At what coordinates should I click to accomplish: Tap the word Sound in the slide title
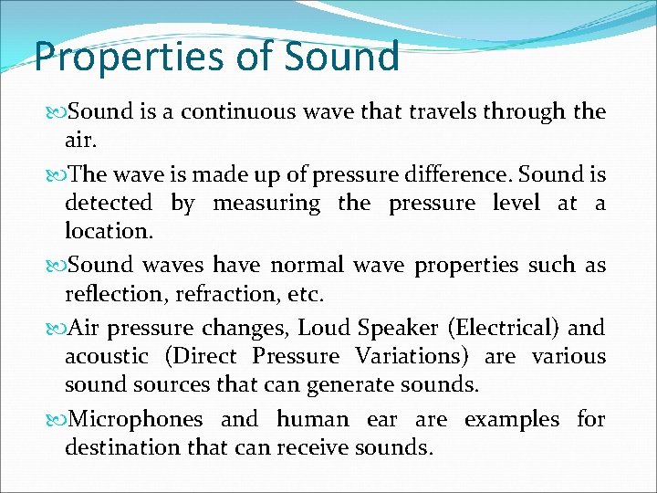[x=342, y=57]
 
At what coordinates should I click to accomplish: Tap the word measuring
[x=266, y=203]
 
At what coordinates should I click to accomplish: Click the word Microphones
[x=136, y=419]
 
